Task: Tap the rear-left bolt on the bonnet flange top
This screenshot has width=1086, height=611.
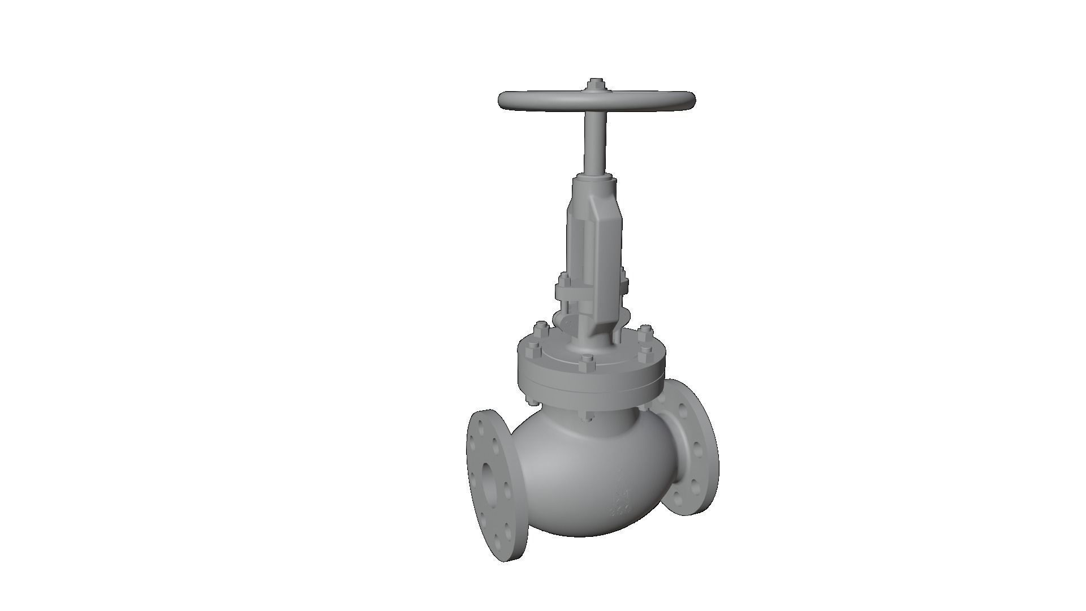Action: coord(540,328)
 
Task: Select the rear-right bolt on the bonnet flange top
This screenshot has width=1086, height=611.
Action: coord(644,330)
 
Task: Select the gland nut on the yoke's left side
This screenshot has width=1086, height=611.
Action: coord(563,280)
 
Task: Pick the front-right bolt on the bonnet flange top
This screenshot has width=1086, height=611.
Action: coord(645,353)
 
